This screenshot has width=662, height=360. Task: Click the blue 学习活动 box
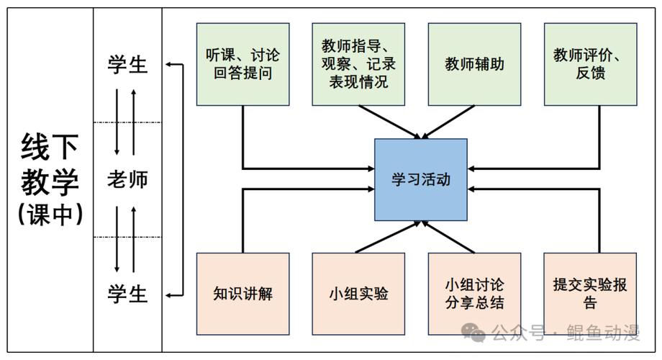point(421,179)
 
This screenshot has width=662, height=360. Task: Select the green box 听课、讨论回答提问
point(243,64)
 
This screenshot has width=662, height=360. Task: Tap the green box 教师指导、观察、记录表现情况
point(358,64)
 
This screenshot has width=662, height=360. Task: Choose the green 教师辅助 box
point(474,64)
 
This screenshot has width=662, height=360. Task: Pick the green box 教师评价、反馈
point(590,64)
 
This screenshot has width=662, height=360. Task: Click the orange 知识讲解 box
point(243,293)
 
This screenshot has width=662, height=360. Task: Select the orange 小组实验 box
point(358,293)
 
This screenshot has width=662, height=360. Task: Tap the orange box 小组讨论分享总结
point(474,293)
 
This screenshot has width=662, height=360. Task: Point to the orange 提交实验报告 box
point(590,293)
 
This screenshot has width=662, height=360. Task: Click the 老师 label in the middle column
point(127,179)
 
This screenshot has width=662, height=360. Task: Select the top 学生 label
point(127,65)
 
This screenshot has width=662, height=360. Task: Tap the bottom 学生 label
point(127,294)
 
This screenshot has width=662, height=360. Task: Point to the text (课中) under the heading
point(50,214)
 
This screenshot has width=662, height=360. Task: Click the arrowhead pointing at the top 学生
point(168,65)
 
